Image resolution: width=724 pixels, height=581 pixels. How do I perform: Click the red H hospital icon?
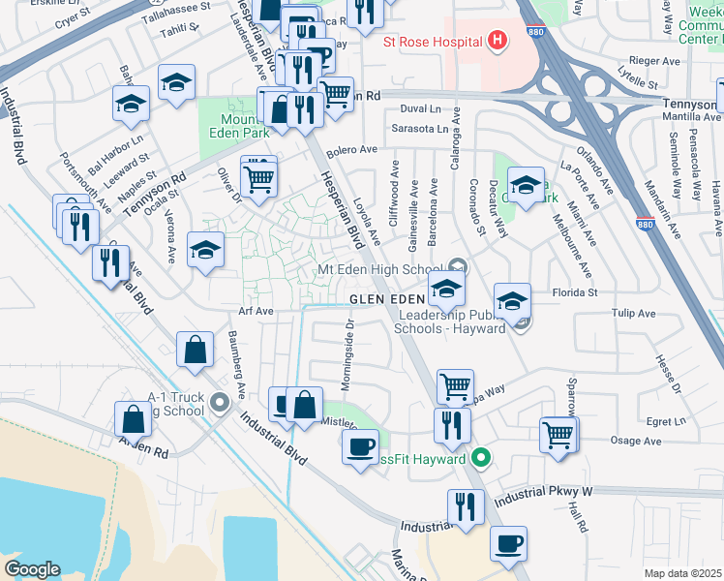(498, 41)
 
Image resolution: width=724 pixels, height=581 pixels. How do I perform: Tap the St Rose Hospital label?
(433, 42)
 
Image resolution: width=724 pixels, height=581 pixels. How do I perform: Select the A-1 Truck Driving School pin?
(220, 400)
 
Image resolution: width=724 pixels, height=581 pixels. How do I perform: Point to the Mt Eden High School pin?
(458, 268)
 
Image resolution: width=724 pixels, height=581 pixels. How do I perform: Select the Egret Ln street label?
(665, 421)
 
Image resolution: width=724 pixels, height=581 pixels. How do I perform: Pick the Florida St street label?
(578, 291)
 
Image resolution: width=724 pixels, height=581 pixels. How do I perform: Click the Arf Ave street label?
(257, 312)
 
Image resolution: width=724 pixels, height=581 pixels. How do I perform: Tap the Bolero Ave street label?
(350, 150)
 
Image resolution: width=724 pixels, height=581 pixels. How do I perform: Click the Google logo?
(32, 569)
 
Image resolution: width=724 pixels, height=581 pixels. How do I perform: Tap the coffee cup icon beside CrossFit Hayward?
(361, 446)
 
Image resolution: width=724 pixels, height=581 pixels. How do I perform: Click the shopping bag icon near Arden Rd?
(134, 418)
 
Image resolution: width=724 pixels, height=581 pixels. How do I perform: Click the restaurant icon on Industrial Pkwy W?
(466, 506)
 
